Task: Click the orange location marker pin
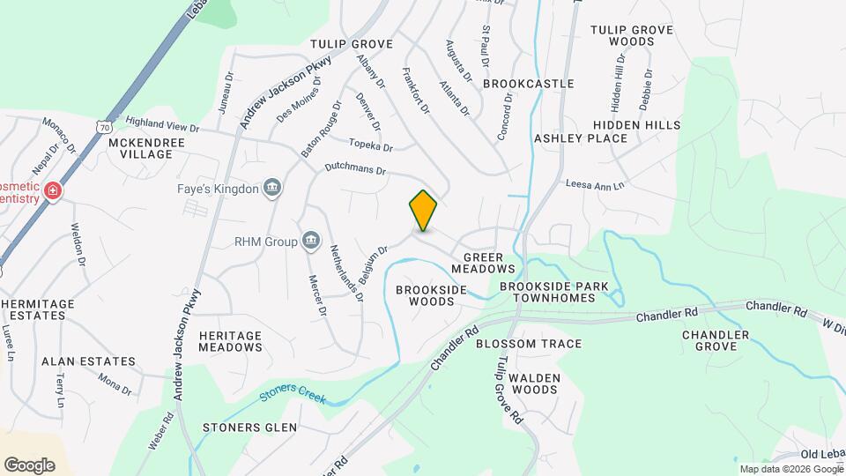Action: [423, 211]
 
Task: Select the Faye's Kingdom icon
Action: [272, 188]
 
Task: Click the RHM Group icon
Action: [310, 240]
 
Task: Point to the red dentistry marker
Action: [53, 191]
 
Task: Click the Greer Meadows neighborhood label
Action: [482, 261]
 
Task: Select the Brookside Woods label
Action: [425, 295]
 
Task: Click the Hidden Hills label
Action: [636, 126]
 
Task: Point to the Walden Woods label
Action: [523, 383]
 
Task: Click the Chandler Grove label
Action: [716, 341]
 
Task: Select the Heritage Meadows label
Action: [230, 341]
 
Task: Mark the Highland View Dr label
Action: [163, 123]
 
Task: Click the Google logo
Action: [29, 465]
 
